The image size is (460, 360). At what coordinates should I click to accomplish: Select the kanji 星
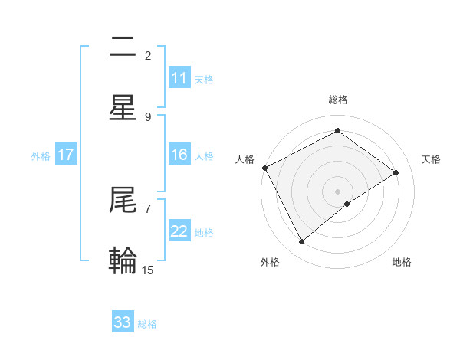pyautogui.click(x=123, y=108)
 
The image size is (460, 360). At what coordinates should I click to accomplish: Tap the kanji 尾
pyautogui.click(x=123, y=200)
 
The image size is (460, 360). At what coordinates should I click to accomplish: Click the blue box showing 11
pyautogui.click(x=179, y=78)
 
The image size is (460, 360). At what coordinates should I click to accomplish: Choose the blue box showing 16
pyautogui.click(x=179, y=155)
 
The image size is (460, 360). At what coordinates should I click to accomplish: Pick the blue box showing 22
pyautogui.click(x=179, y=231)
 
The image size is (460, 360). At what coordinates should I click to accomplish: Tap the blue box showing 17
pyautogui.click(x=66, y=155)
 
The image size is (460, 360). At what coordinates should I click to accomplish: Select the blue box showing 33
pyautogui.click(x=123, y=322)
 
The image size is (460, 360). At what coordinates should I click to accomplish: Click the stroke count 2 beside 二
pyautogui.click(x=148, y=55)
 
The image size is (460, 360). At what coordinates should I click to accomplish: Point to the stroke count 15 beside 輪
pyautogui.click(x=148, y=270)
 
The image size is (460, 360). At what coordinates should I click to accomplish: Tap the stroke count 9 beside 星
pyautogui.click(x=148, y=116)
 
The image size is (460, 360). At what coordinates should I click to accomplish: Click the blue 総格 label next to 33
pyautogui.click(x=148, y=324)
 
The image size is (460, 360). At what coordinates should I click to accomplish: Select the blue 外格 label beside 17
pyautogui.click(x=41, y=155)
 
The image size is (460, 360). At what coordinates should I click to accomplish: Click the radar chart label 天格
pyautogui.click(x=431, y=159)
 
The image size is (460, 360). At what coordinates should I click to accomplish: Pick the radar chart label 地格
pyautogui.click(x=402, y=262)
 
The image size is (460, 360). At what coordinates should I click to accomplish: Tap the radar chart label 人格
pyautogui.click(x=245, y=159)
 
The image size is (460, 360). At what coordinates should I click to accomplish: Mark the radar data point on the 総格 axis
pyautogui.click(x=337, y=130)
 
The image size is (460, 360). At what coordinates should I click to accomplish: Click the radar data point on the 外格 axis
pyautogui.click(x=301, y=242)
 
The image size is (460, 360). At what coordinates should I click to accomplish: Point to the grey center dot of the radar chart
pyautogui.click(x=338, y=191)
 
